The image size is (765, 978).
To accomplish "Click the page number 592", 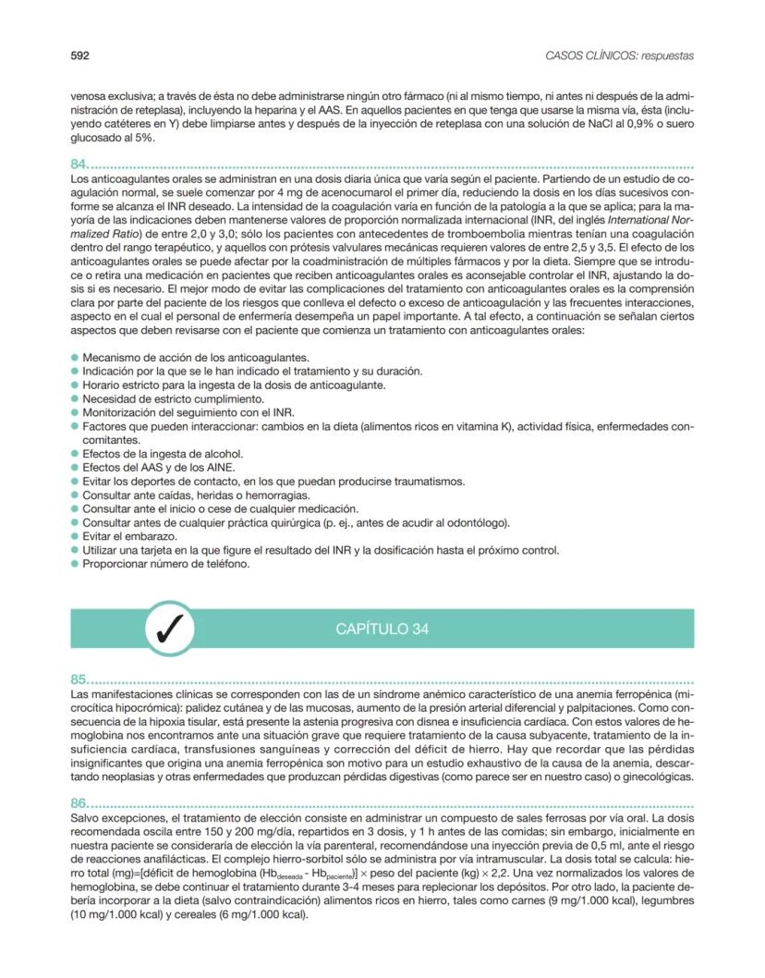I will click(x=79, y=56).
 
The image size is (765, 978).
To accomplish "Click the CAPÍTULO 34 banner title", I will click(x=382, y=630).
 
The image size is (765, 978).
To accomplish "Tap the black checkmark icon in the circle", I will click(x=170, y=630).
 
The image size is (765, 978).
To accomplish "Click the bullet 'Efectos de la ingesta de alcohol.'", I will click(x=150, y=454).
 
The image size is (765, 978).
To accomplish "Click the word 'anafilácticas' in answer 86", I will click(x=140, y=846).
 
